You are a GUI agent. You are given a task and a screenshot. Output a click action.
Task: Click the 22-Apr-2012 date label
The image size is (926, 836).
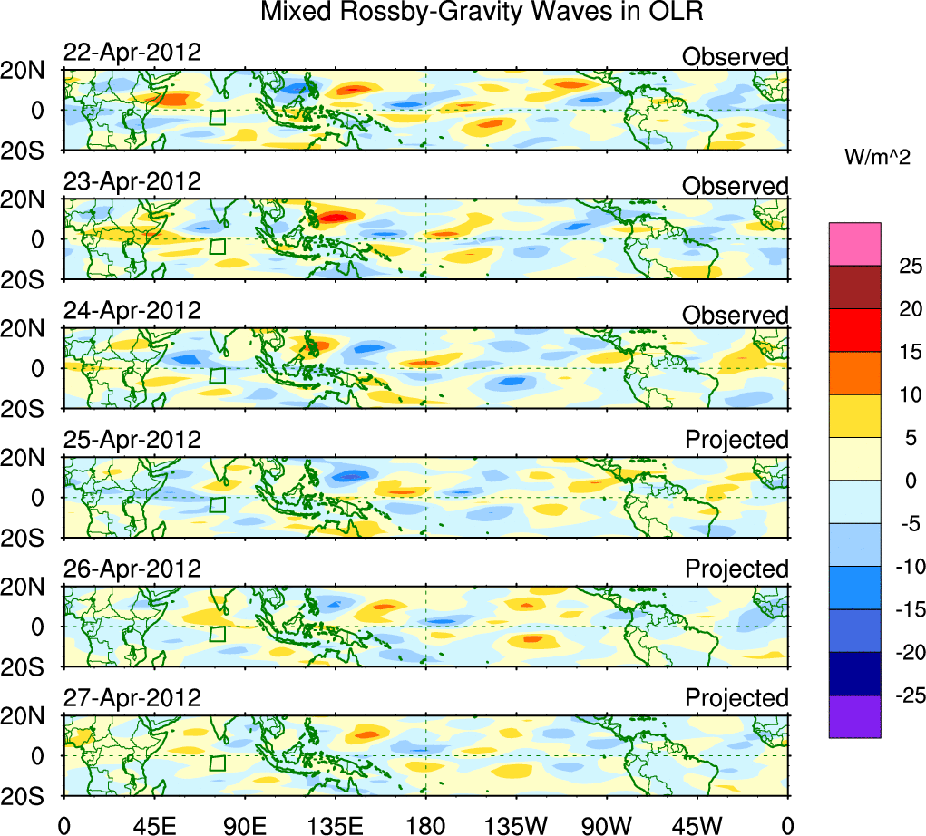tap(132, 53)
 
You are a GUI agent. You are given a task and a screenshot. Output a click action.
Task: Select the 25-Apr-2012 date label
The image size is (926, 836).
tap(132, 440)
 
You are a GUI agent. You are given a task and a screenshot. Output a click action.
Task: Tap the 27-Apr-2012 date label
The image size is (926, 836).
tap(132, 698)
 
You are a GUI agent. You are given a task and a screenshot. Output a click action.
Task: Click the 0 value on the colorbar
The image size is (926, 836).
tap(907, 481)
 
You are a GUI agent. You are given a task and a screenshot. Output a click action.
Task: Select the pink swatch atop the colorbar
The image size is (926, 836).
tap(854, 244)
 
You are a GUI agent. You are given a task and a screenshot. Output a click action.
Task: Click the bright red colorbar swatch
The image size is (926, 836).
tap(854, 329)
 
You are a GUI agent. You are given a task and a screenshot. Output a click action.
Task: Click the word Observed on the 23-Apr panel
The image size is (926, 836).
tap(735, 186)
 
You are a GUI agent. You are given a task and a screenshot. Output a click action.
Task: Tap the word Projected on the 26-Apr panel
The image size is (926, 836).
tap(736, 569)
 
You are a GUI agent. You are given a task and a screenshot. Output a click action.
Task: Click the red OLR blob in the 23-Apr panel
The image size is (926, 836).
tap(336, 218)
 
